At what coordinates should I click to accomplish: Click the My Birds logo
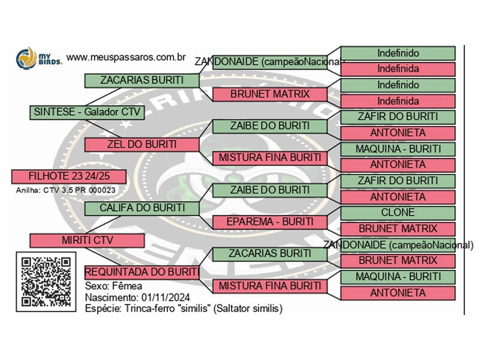coord(38,58)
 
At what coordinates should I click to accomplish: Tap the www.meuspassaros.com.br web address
coord(125,57)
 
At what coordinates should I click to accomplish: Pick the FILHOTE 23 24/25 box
coord(68,176)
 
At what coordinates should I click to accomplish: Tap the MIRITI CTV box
coord(86,240)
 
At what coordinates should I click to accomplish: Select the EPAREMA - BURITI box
coord(270,222)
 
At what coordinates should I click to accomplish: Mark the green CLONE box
coord(398,212)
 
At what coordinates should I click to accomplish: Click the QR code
coord(46,281)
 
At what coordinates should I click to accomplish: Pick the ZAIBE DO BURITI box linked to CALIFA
coord(270,190)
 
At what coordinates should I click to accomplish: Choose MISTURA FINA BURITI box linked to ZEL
coord(270,158)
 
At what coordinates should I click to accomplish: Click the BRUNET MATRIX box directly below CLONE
coord(398,229)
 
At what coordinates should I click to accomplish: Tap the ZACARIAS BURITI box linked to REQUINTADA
coord(270,254)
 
